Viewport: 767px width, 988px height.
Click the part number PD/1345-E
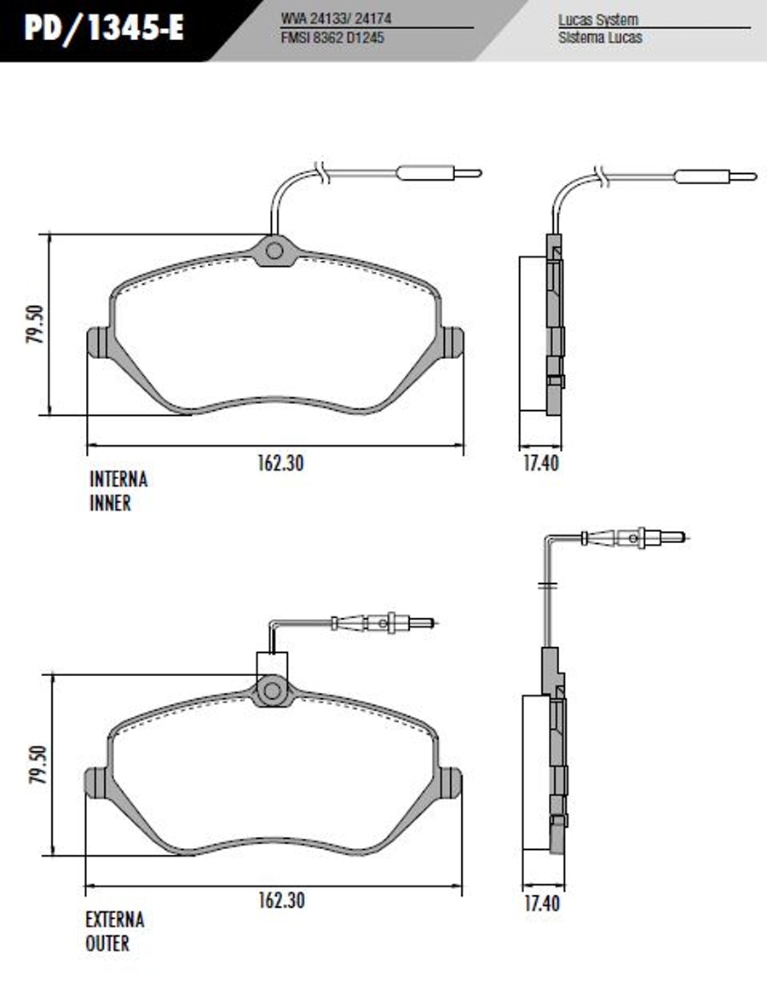(x=104, y=28)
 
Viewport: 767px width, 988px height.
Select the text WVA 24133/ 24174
(x=336, y=18)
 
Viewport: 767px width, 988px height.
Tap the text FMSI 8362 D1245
(x=332, y=38)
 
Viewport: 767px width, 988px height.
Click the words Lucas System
(x=597, y=20)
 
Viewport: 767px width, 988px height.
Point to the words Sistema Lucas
(x=599, y=38)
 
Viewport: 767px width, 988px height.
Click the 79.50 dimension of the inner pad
(x=36, y=324)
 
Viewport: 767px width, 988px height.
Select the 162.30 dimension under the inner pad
(x=280, y=463)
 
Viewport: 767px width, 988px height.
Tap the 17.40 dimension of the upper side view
(x=541, y=463)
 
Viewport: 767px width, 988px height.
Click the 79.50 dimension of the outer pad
(x=37, y=765)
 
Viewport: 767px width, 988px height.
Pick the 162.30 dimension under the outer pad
(x=281, y=900)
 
